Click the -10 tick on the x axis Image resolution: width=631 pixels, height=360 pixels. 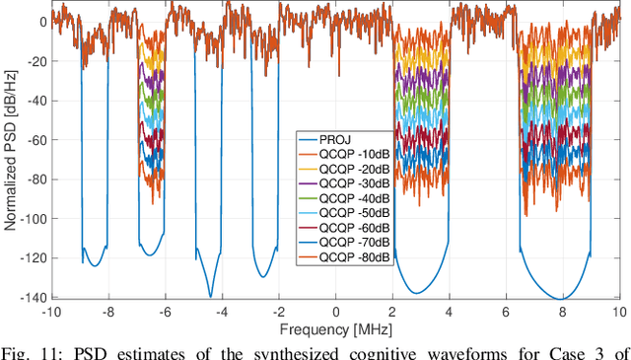point(53,311)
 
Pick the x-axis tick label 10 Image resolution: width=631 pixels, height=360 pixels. point(618,311)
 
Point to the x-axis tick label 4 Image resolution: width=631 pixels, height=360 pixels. point(450,311)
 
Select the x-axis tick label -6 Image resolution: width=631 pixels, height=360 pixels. point(165,311)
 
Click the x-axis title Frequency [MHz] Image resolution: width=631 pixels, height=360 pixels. point(335,326)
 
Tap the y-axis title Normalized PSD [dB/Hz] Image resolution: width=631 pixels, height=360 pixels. point(11,158)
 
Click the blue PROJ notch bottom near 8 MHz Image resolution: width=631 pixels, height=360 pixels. point(562,297)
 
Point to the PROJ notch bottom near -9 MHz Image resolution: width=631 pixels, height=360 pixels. point(95,265)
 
